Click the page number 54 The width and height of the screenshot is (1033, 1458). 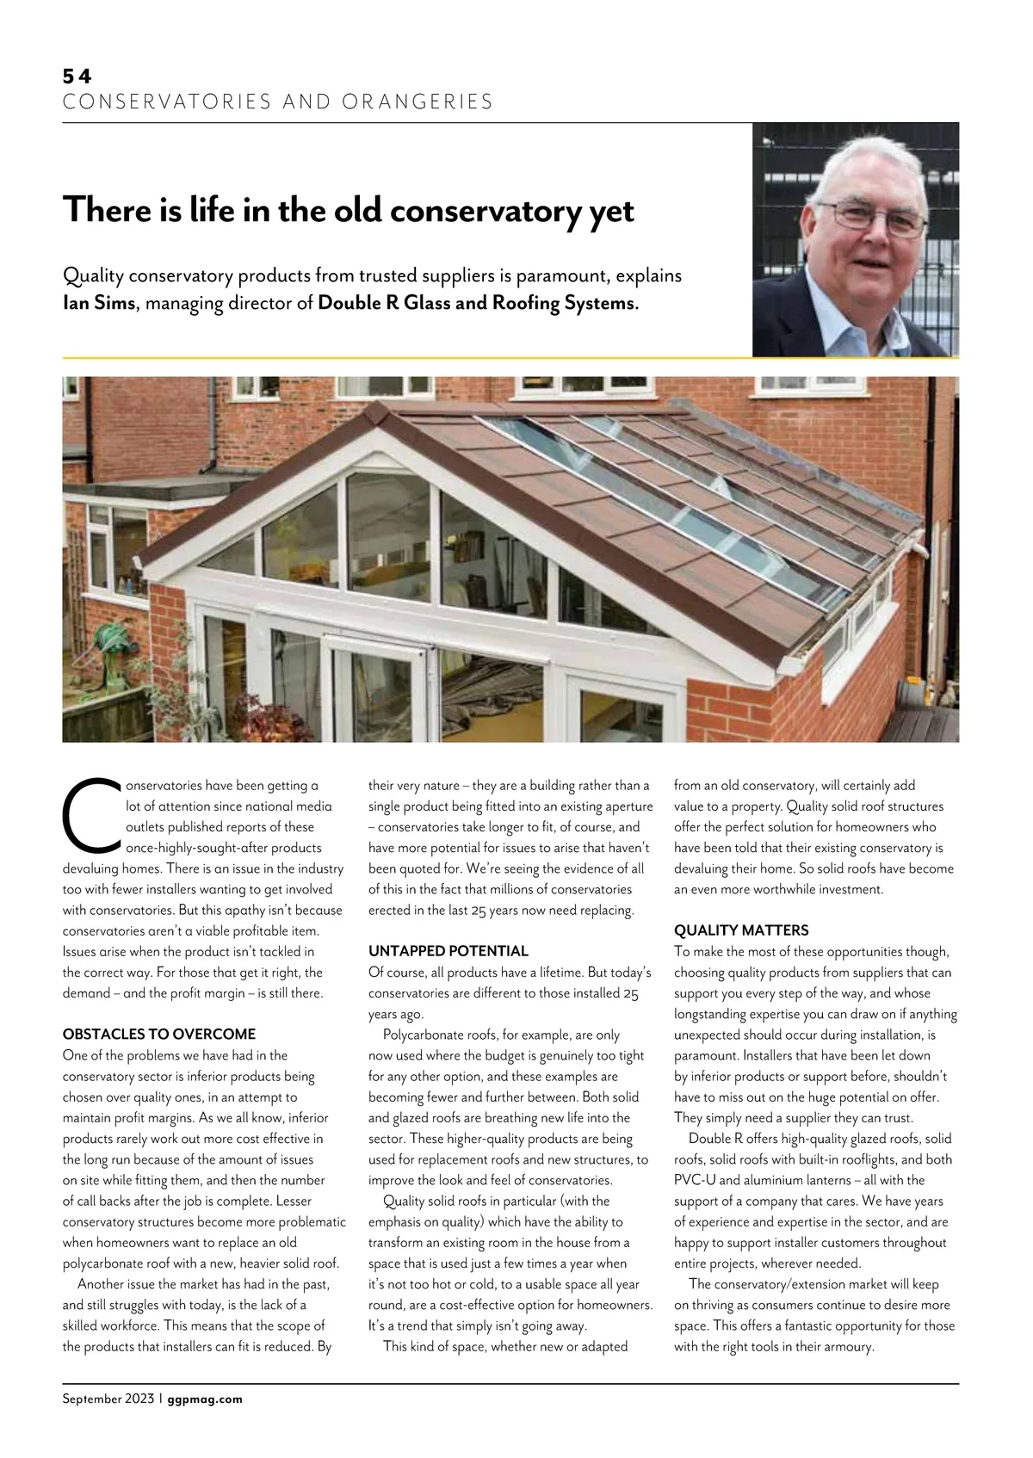click(x=77, y=77)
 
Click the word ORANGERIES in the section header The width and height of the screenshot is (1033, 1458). click(x=418, y=102)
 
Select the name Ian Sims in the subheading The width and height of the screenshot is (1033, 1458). click(x=99, y=303)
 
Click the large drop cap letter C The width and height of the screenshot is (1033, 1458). click(x=90, y=812)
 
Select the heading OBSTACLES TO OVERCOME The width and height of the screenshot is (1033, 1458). click(x=159, y=1034)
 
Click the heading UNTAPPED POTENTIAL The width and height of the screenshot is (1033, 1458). click(x=448, y=951)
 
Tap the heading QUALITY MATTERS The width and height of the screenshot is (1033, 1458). click(x=741, y=930)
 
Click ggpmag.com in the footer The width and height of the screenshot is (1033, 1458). click(x=205, y=1399)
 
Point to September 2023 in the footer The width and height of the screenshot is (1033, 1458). click(x=108, y=1399)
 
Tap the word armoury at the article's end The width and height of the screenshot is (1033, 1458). click(x=844, y=1346)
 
